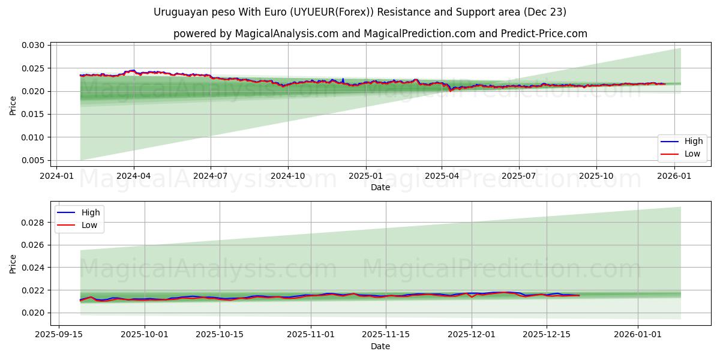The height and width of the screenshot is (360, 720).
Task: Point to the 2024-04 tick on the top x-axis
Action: coord(133,176)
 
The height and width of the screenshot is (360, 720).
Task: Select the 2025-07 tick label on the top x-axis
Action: coord(518,176)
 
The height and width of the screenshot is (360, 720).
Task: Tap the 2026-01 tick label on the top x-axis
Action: coord(674,176)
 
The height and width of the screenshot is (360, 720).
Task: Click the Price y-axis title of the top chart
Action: coord(13,105)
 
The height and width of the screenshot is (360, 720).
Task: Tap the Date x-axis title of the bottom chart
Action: coord(380,346)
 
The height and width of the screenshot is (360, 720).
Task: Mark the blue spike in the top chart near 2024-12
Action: coord(343,79)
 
